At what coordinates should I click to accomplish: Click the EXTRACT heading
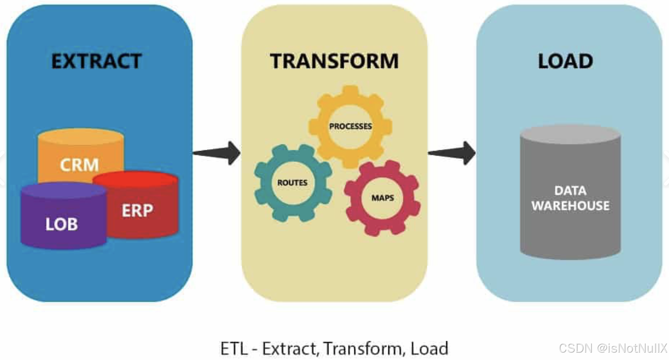click(96, 61)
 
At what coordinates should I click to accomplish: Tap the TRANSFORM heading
click(334, 61)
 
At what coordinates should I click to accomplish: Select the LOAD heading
click(565, 61)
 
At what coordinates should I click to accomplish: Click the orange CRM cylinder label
click(79, 164)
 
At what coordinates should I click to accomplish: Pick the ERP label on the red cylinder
click(137, 210)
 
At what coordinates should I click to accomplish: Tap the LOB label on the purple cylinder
click(62, 224)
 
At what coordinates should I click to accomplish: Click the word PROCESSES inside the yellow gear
click(351, 126)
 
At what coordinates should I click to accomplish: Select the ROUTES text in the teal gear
click(292, 182)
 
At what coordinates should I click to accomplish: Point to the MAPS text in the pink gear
click(383, 198)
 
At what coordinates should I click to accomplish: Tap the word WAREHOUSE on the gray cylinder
click(571, 205)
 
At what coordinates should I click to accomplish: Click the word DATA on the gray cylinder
click(570, 190)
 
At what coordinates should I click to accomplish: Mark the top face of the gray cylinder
click(570, 134)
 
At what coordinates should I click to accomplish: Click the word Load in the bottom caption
click(430, 348)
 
